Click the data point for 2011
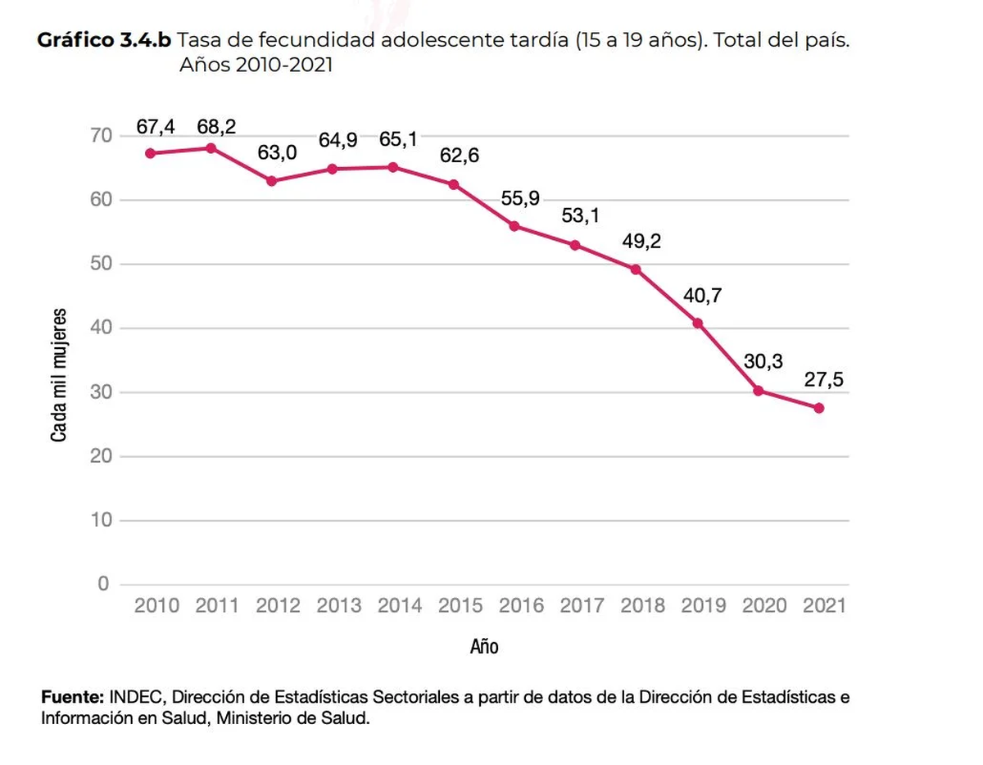[x=211, y=148]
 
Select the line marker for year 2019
[x=698, y=323]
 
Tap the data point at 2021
[x=819, y=408]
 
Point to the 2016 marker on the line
[x=514, y=226]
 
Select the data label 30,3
[x=763, y=361]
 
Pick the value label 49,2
[x=641, y=242]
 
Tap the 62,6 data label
[x=460, y=156]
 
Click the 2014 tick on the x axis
[x=400, y=606]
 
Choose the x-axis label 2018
[x=643, y=606]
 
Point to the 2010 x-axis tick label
[x=156, y=606]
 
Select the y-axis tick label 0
[x=103, y=585]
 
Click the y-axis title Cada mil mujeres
[x=59, y=375]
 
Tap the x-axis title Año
[x=484, y=646]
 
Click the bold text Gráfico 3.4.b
[x=104, y=41]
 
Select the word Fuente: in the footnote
[x=72, y=698]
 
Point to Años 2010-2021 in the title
[x=256, y=65]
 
